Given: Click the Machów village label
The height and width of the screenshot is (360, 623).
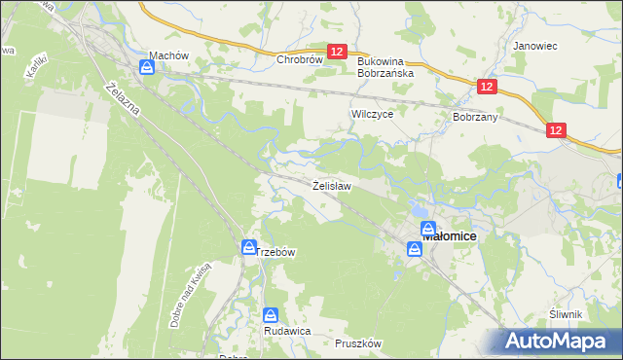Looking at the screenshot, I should pos(168,55).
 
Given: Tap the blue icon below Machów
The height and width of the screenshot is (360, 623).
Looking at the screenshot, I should pos(146,67).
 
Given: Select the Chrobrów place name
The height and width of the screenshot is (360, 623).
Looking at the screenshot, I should pos(299,59).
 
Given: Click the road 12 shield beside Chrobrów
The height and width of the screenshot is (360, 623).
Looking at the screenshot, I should pos(337,52).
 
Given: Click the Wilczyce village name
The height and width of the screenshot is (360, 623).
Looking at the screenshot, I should pos(371,114).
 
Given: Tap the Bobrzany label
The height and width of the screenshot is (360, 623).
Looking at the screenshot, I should pos(475,117).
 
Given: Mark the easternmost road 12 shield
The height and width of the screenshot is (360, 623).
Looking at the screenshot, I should pos(556,130).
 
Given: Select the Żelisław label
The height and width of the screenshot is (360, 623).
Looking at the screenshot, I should pos(331,184).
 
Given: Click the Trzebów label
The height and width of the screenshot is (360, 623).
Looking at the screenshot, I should pos(275,251).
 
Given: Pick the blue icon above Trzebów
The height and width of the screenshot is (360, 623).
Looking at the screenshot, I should pos(249,249).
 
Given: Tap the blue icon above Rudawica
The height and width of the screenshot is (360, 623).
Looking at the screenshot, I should pos(272,315).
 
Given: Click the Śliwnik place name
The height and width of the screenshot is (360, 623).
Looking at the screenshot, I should pos(565,313).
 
